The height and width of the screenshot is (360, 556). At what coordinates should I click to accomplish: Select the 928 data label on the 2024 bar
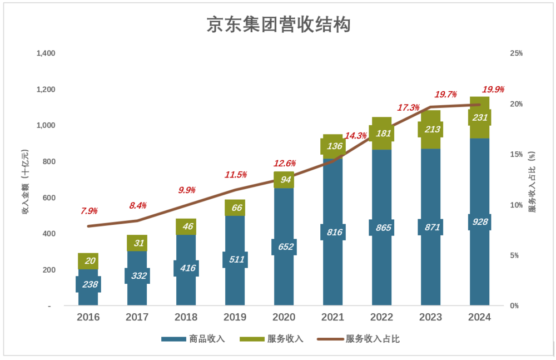click(x=479, y=222)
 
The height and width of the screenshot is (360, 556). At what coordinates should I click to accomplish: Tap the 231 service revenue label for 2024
click(x=479, y=117)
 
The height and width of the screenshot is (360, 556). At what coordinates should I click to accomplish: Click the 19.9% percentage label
click(x=493, y=89)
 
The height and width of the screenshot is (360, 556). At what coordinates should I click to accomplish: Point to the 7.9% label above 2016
click(x=89, y=211)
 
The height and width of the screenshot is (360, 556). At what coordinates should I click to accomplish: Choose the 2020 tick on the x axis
click(x=284, y=317)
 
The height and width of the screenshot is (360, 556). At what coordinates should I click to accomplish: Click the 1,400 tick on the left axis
click(x=46, y=53)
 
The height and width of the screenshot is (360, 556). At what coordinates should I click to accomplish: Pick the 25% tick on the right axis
click(x=517, y=53)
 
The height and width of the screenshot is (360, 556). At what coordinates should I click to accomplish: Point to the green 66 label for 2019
click(x=235, y=208)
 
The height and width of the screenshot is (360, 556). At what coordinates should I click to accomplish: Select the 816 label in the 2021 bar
click(x=332, y=232)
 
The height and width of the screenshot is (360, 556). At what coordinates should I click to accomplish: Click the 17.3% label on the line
click(x=408, y=107)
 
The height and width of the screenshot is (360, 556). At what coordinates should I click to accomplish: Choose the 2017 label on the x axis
click(x=137, y=317)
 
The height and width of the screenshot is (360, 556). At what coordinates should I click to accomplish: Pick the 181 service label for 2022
click(x=381, y=134)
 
